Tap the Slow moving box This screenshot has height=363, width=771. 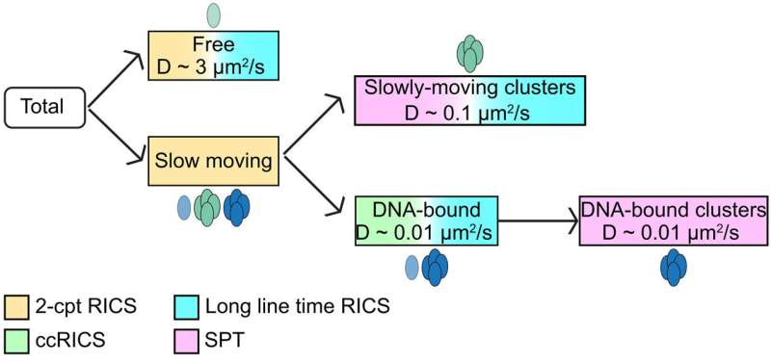(x=212, y=161)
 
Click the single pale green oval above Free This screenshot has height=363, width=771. (x=214, y=14)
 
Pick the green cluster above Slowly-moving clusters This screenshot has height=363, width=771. (x=469, y=55)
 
